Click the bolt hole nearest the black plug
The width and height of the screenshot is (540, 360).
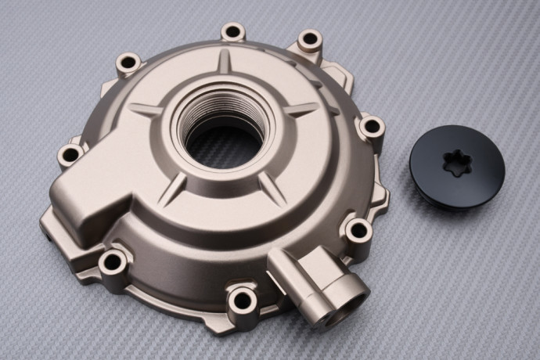point(371,126)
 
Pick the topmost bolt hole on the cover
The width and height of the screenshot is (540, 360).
point(232,32)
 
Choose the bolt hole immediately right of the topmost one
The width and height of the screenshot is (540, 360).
point(310,39)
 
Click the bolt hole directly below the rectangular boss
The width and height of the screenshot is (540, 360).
point(113,261)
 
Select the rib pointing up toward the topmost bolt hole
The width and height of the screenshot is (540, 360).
point(225,61)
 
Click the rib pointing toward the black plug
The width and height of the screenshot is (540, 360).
point(301,110)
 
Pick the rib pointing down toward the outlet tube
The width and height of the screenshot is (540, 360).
point(271,186)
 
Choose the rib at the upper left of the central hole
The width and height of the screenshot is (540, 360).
point(146,110)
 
